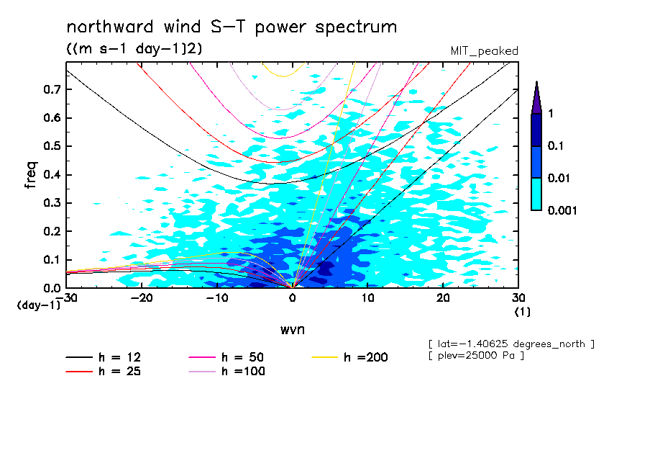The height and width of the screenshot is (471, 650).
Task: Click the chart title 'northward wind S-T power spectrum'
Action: (231, 27)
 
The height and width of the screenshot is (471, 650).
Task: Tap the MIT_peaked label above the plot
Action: (484, 50)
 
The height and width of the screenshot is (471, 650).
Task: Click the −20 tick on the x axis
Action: (141, 298)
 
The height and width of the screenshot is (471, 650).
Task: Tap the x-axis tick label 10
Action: (367, 298)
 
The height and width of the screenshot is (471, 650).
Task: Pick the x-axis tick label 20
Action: (442, 298)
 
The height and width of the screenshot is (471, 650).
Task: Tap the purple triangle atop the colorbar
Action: (536, 98)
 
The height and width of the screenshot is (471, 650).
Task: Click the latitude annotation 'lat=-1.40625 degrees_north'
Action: (511, 344)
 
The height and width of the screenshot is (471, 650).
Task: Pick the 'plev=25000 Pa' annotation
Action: (475, 356)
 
